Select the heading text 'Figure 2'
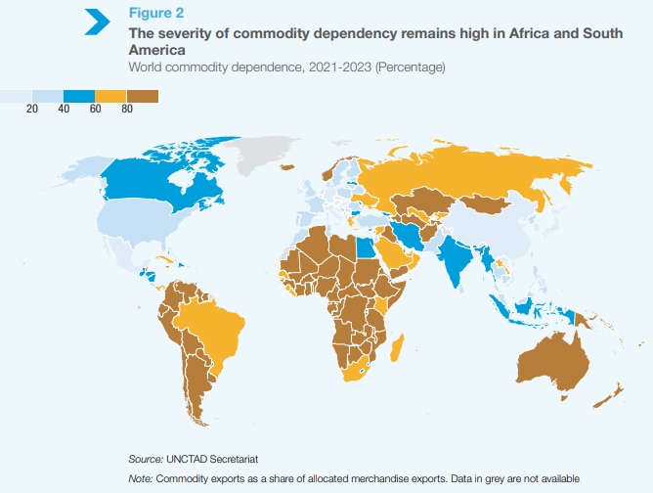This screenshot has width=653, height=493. pyautogui.click(x=158, y=13)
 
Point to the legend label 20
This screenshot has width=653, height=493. pyautogui.click(x=31, y=109)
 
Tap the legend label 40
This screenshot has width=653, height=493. pyautogui.click(x=63, y=109)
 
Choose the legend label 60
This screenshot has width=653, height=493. pyautogui.click(x=95, y=109)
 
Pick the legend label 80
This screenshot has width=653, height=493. pyautogui.click(x=126, y=109)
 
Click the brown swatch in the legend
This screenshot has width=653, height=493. pyautogui.click(x=142, y=96)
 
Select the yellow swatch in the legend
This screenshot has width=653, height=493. pyautogui.click(x=110, y=96)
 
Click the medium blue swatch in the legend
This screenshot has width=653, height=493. pyautogui.click(x=78, y=96)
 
